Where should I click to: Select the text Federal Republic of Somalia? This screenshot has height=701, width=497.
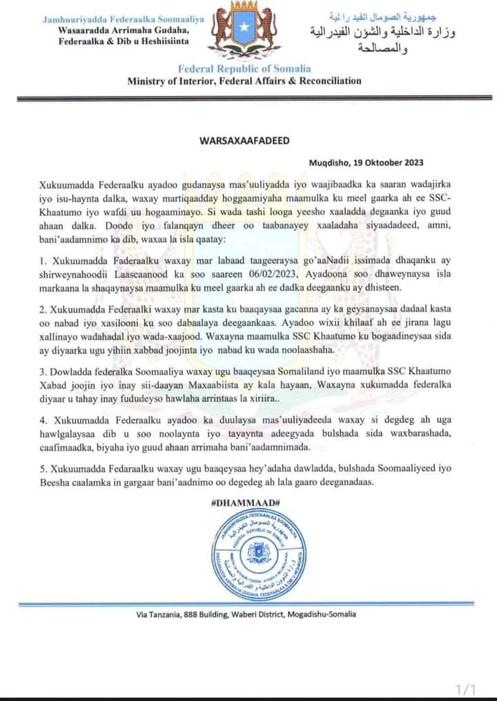click(x=244, y=68)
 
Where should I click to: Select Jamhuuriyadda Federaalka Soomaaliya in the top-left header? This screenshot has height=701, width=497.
click(x=123, y=19)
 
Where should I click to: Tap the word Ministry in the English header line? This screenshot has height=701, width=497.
click(x=148, y=81)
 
